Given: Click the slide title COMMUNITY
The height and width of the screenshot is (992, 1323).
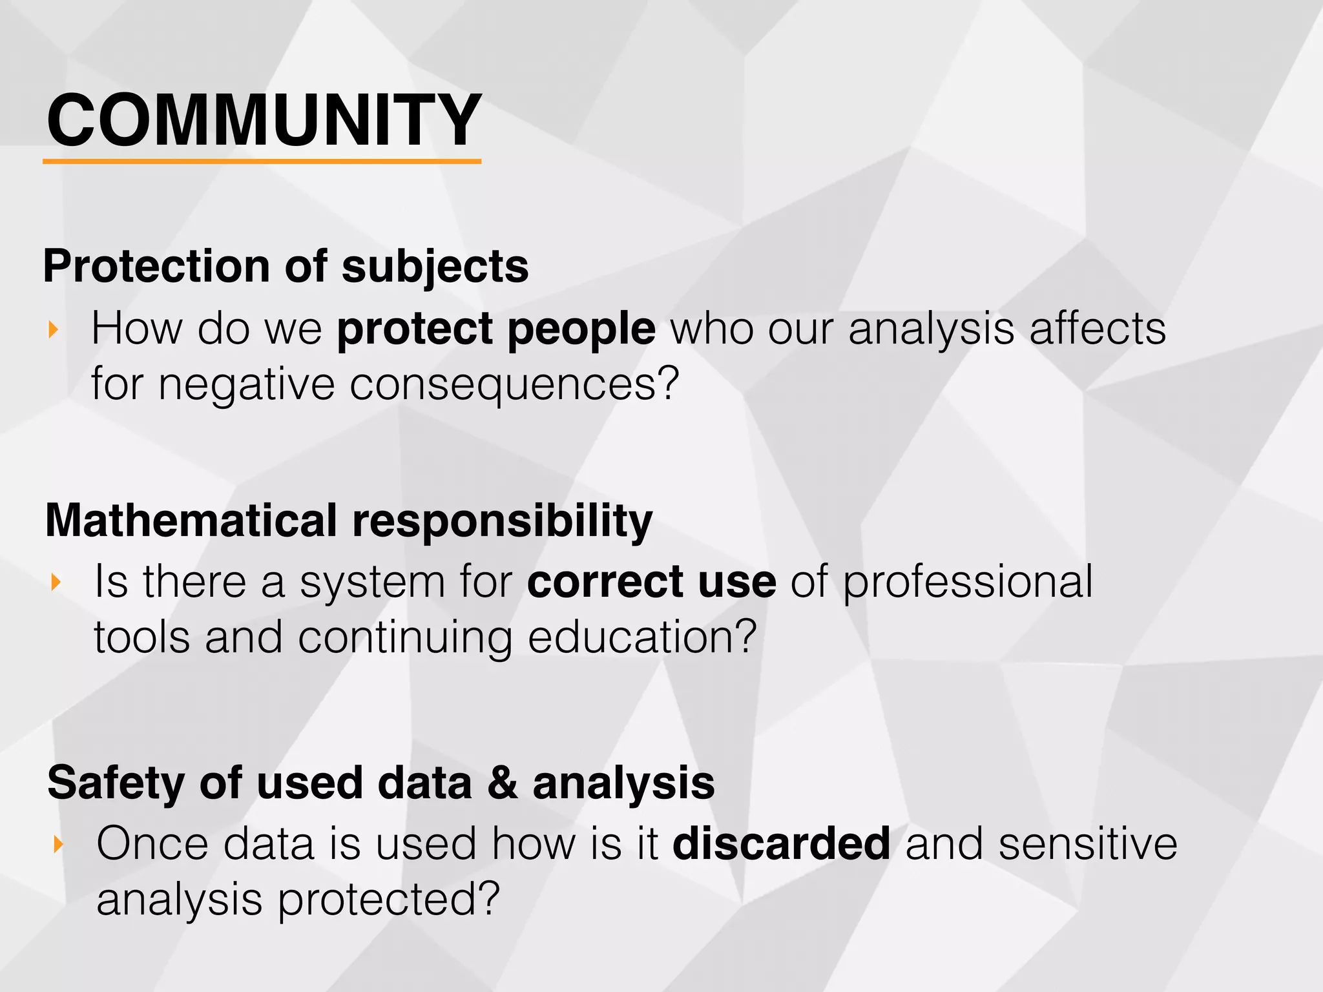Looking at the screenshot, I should point(264,121).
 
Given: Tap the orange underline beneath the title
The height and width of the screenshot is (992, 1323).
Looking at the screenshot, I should point(262,161).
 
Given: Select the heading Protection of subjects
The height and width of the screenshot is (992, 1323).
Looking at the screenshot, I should point(286,266).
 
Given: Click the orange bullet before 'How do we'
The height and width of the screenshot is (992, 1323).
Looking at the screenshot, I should point(54,330).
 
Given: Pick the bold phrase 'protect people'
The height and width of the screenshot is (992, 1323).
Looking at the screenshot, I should point(496,329).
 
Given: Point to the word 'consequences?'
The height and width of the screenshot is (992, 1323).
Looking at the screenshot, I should point(514,384).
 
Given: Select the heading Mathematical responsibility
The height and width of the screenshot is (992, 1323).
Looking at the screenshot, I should point(349,521).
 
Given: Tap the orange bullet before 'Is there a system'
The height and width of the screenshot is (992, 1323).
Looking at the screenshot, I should point(56,583).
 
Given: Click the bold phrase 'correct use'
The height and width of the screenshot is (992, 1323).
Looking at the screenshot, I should point(651,582).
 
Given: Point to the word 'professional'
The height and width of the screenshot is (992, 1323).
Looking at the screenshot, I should point(968,583).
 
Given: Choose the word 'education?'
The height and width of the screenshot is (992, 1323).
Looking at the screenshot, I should point(642,637).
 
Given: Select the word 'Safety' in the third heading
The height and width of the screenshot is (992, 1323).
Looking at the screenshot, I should point(116,783).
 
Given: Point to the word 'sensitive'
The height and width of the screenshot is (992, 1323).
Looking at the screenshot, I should point(1088,843).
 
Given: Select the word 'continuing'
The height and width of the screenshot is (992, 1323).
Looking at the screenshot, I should point(405,637).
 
